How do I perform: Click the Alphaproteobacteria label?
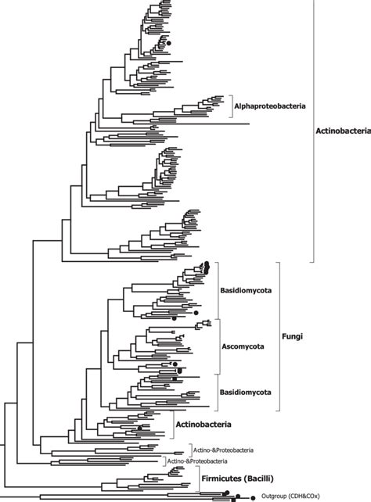(270, 106)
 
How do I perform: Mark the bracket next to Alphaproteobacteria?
(230, 106)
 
